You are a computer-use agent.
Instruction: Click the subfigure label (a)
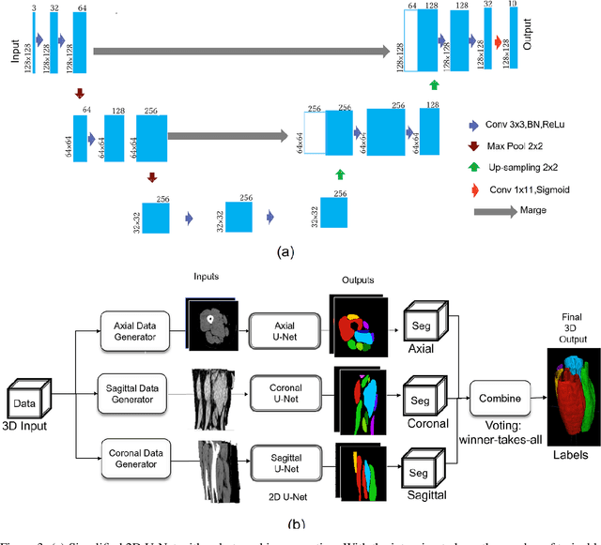(285, 251)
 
